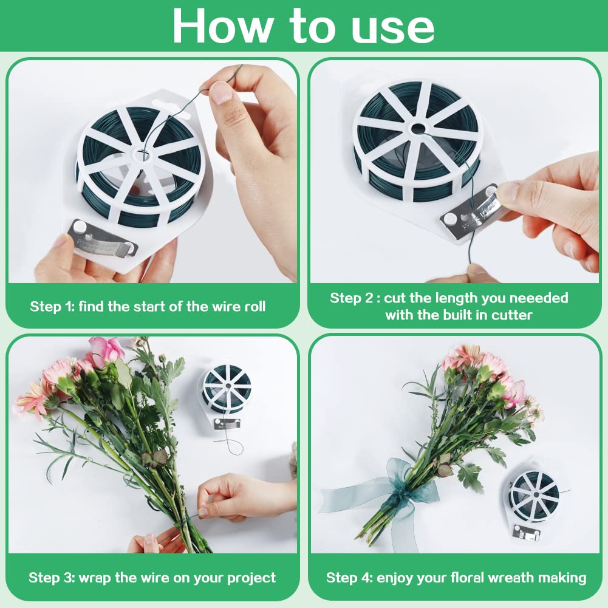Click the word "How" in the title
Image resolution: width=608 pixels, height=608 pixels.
221,26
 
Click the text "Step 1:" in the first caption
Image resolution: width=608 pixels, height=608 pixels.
52,307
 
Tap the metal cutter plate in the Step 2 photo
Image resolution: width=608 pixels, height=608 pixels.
470,210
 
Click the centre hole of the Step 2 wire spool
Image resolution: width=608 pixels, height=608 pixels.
418,128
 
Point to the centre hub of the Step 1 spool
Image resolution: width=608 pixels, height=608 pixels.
142,154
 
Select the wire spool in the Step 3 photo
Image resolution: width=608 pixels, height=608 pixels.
227,389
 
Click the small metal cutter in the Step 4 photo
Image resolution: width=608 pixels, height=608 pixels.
526,533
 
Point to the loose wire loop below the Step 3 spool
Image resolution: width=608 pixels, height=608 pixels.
233,446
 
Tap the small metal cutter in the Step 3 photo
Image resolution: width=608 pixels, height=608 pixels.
227,424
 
